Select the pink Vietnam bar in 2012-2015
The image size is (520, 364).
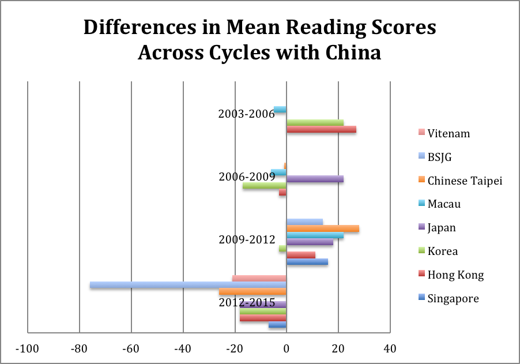pos(259,278)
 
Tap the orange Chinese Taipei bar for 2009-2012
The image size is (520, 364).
pos(323,228)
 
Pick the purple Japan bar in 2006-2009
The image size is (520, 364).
pos(315,179)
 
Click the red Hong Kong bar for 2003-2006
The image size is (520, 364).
pos(321,129)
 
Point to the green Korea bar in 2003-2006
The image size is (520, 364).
pos(315,122)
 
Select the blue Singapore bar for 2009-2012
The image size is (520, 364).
pos(307,261)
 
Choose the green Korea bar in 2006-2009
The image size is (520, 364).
pos(265,186)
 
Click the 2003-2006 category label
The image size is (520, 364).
pos(246,114)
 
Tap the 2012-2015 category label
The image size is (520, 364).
pos(246,303)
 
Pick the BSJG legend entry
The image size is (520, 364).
pos(439,157)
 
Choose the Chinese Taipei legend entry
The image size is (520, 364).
pos(465,181)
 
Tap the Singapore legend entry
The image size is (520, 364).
pos(453,298)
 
